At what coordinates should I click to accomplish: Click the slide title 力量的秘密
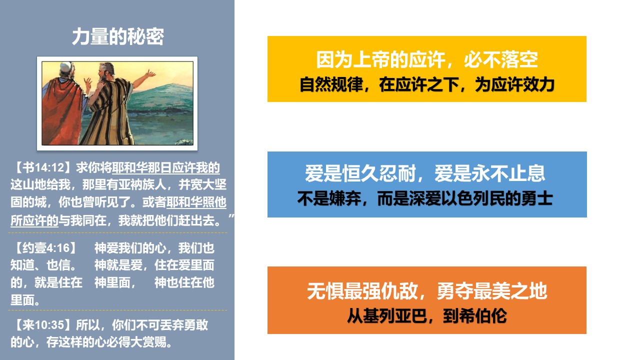[117, 36]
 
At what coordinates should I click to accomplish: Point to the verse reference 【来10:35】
[43, 325]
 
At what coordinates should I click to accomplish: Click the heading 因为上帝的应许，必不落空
[427, 59]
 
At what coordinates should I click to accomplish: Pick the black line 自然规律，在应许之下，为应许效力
[427, 84]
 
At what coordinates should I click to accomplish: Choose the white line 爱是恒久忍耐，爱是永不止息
[425, 173]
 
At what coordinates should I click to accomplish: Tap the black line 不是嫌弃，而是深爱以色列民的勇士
[425, 198]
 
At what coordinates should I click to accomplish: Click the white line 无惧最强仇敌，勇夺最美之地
[427, 291]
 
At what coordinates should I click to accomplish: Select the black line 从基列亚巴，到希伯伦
[427, 316]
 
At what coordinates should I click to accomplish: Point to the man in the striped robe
[110, 105]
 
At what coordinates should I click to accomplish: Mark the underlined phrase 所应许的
[34, 220]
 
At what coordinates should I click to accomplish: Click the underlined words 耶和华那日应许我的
[166, 167]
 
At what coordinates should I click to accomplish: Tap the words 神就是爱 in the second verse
[118, 265]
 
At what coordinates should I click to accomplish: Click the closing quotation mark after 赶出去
[231, 216]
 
